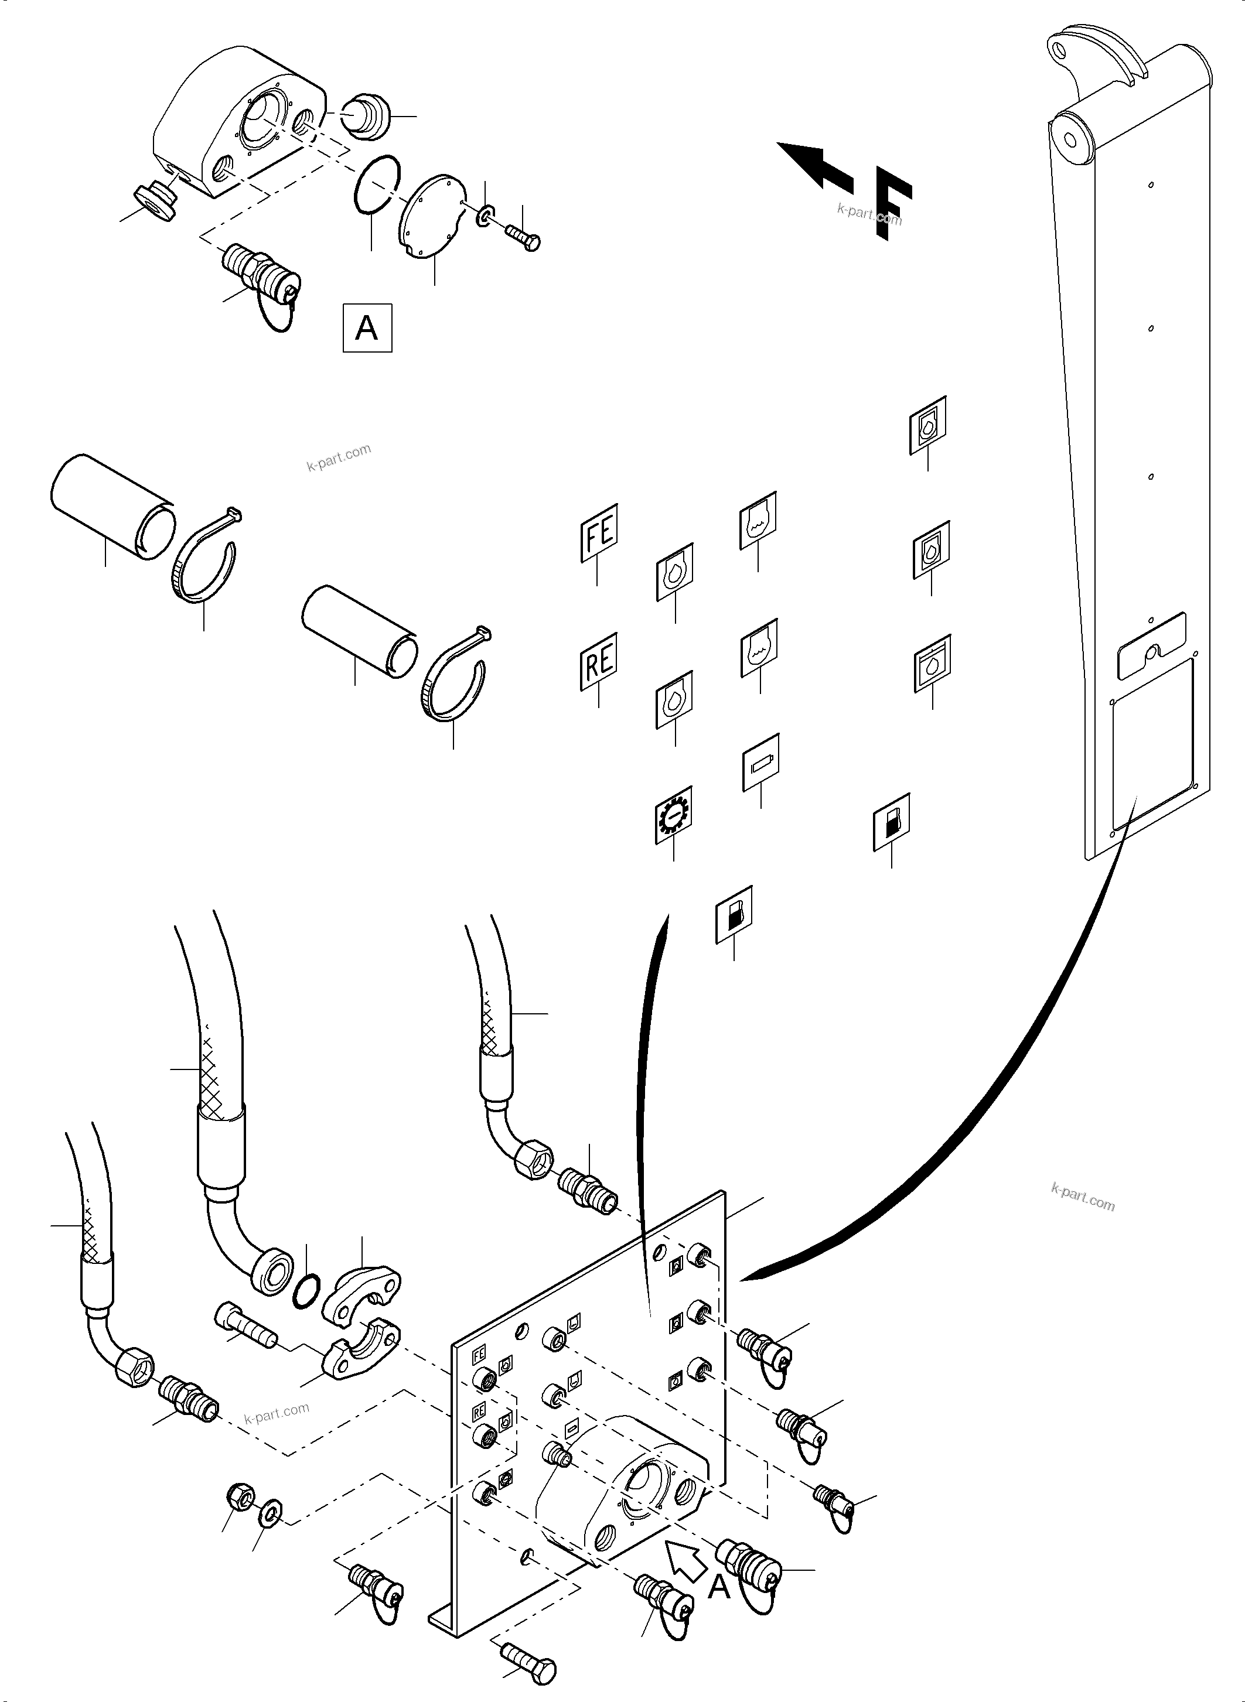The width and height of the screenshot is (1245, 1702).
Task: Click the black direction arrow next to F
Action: click(814, 163)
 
